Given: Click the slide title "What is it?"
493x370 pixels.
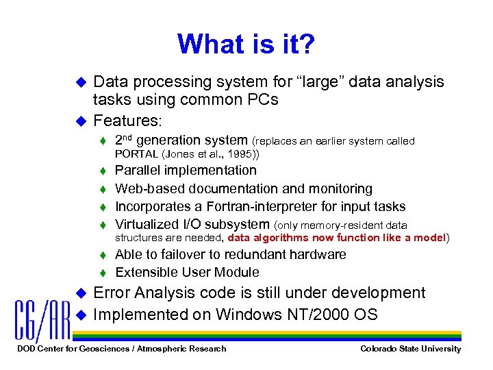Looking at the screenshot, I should coord(246,45).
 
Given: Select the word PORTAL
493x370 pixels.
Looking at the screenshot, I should coord(136,154).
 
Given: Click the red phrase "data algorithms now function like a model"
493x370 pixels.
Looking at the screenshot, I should coord(336,238).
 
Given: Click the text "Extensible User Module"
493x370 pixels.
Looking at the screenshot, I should coord(187,272).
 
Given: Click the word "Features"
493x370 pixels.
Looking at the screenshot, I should coord(126,121).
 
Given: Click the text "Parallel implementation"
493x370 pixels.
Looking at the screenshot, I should coord(186,171).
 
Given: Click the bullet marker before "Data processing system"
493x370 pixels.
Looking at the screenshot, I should coord(79,82).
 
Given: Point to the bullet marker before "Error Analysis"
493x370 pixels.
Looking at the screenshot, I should coord(79,293).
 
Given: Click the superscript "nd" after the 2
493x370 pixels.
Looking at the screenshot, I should coord(128,137).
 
